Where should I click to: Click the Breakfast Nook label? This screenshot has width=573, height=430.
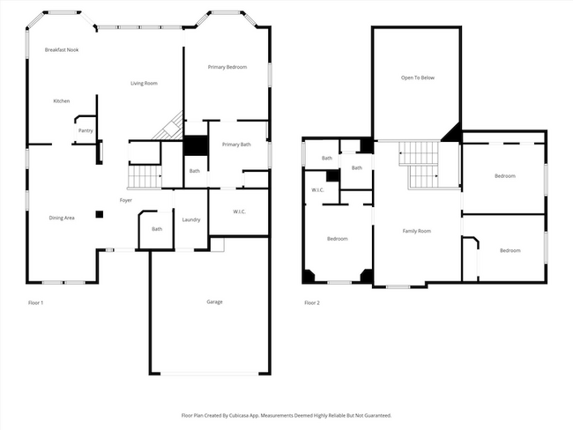tap(62, 50)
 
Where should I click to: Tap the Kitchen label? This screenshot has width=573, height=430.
tap(62, 101)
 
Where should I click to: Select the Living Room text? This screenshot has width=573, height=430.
tap(144, 84)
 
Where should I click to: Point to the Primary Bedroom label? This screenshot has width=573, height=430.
tap(227, 68)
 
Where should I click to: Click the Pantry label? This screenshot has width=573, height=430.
tap(86, 131)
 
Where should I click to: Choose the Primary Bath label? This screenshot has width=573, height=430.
tap(236, 145)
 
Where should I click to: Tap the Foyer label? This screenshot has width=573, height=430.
tap(126, 201)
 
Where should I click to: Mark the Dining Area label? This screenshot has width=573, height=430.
tap(62, 218)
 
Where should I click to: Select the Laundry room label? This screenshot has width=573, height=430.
tap(191, 219)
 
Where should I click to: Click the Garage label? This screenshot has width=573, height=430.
tap(214, 302)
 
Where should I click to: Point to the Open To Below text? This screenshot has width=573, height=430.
tap(418, 78)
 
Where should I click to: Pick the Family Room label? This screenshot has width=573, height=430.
tap(417, 231)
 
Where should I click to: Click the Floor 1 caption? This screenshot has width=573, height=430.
tap(36, 303)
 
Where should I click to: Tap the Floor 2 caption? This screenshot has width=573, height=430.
tap(312, 303)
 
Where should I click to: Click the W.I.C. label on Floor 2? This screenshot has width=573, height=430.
tap(318, 190)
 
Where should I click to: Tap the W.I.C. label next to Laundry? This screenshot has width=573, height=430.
tap(239, 211)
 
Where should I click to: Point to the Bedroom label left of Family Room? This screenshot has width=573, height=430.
tap(338, 239)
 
